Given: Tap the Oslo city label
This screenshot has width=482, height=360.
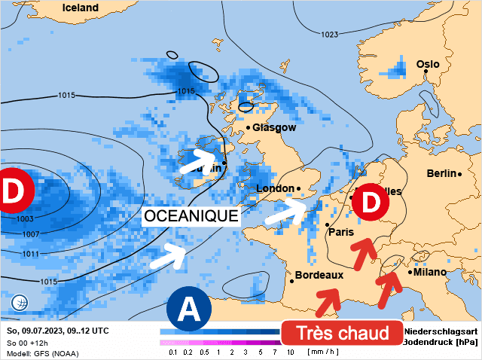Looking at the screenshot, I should pyautogui.click(x=428, y=64).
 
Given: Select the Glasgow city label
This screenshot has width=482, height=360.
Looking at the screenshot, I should pyautogui.click(x=274, y=127).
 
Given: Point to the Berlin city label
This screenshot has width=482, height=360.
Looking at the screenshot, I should pyautogui.click(x=441, y=173).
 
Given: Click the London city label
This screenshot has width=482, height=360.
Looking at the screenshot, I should pyautogui.click(x=275, y=188).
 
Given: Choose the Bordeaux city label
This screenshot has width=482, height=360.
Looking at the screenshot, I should pyautogui.click(x=319, y=276).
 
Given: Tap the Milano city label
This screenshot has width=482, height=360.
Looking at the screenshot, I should pyautogui.click(x=429, y=272).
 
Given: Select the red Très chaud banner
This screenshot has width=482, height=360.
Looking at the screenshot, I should pyautogui.click(x=342, y=333).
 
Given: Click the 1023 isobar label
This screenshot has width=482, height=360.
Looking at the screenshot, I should pyautogui.click(x=329, y=35).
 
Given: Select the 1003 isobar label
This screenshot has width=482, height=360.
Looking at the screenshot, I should pyautogui.click(x=24, y=218).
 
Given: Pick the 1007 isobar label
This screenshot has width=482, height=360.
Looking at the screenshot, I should pyautogui.click(x=30, y=235).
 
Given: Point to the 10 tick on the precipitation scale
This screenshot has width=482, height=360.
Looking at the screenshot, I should pyautogui.click(x=290, y=352).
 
